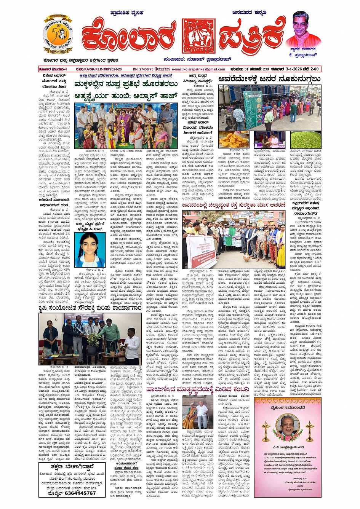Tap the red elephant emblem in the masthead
coord(198,36)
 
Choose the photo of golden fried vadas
coord(234,140)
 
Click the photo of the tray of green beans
coord(306,139)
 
